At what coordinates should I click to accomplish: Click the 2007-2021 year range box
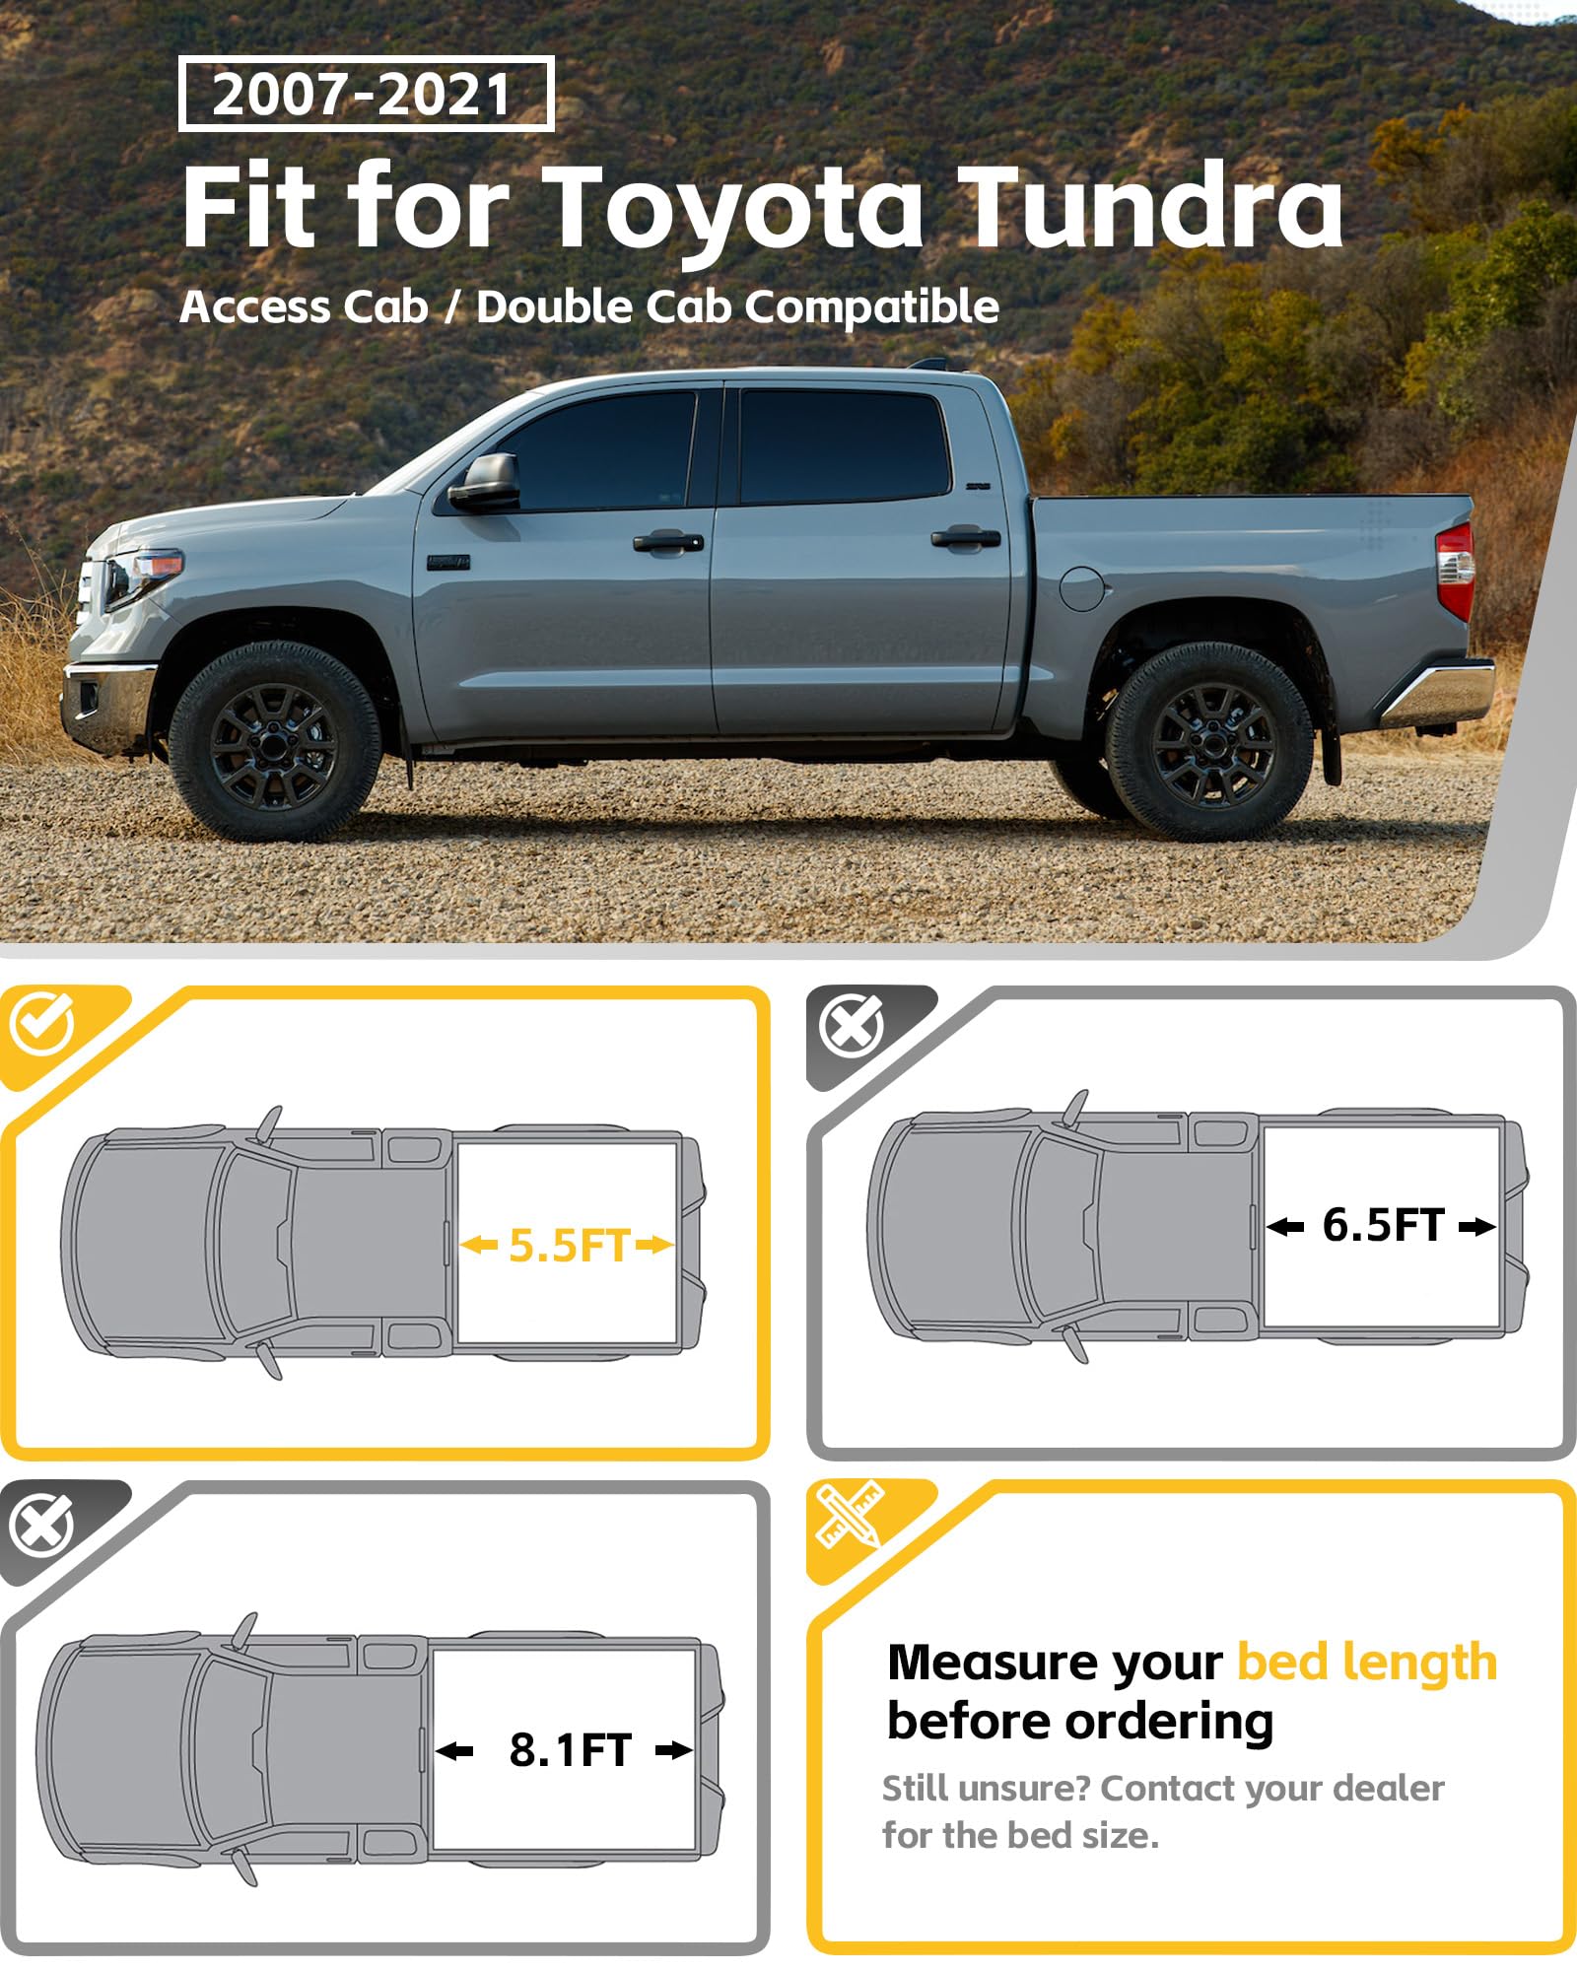coord(366,95)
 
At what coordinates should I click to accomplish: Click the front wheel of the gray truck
coord(275,740)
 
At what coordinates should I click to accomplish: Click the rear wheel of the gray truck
coord(1209,741)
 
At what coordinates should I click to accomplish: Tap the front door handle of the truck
coord(668,541)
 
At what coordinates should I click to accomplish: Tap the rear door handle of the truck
coord(966,538)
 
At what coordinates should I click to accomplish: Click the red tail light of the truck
coord(1455,572)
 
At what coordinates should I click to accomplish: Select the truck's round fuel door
coord(1081,586)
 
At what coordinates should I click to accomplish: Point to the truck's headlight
coord(143,578)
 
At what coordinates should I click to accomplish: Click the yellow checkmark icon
coord(41,1024)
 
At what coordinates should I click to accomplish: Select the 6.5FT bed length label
coord(1383,1226)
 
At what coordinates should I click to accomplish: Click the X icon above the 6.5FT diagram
coord(852,1026)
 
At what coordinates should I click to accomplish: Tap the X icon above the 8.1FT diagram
coord(41,1525)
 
